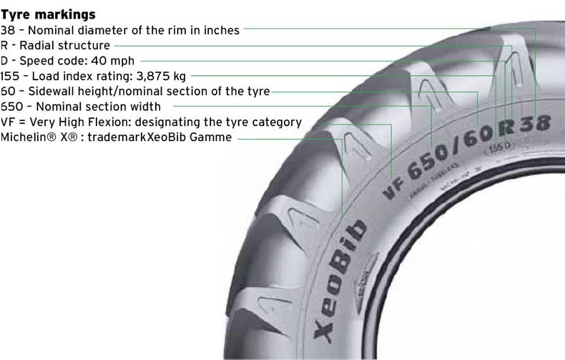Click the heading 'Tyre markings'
pyautogui.click(x=48, y=14)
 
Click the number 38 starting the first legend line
pyautogui.click(x=8, y=30)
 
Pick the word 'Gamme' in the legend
pyautogui.click(x=212, y=137)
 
